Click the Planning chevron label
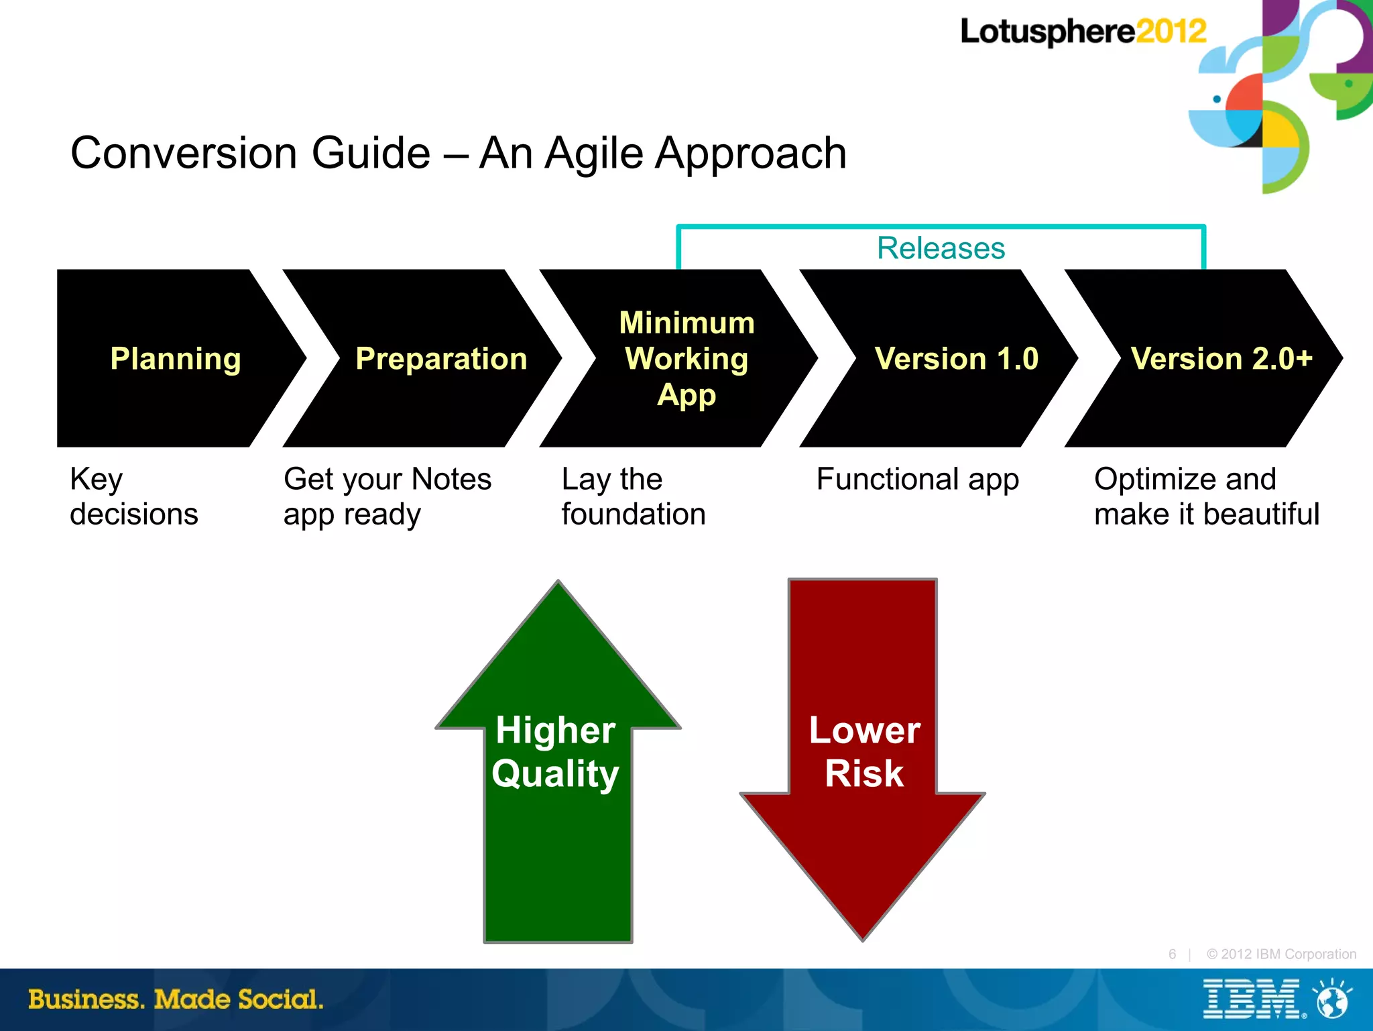[x=176, y=359]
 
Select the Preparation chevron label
[x=441, y=359]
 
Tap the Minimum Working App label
[x=686, y=359]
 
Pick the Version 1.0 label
[x=957, y=359]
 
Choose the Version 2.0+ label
[x=1221, y=359]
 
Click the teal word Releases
[x=941, y=248]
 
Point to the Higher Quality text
[x=555, y=751]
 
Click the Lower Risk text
[x=864, y=751]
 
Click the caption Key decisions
[x=133, y=496]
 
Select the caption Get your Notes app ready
[x=387, y=496]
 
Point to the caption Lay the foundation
[x=633, y=496]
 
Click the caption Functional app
[x=917, y=480]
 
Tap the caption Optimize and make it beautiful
[x=1206, y=496]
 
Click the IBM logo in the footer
[x=1251, y=999]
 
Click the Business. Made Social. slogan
[x=176, y=999]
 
